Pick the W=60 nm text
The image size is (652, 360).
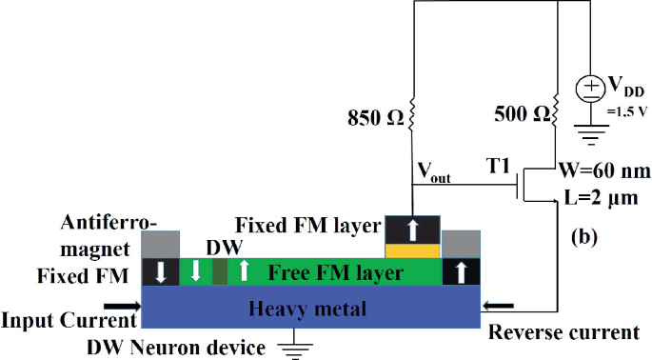(606, 172)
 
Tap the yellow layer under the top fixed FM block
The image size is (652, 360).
(411, 250)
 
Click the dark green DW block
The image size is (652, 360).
(219, 270)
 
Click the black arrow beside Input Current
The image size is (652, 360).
(123, 306)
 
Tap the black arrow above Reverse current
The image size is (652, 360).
(499, 306)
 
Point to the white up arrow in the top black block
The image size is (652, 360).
(411, 229)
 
